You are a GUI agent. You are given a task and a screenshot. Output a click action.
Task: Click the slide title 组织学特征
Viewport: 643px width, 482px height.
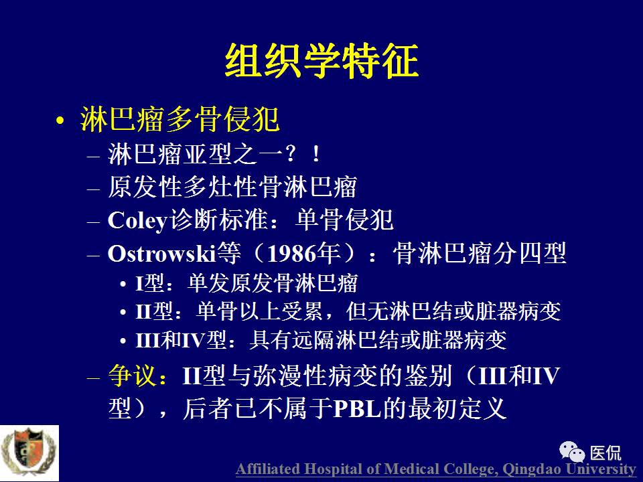(x=321, y=62)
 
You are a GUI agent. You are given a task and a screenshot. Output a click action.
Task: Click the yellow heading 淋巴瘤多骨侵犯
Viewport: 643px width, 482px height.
(x=179, y=120)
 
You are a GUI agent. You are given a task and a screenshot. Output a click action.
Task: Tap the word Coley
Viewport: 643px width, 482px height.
(x=136, y=220)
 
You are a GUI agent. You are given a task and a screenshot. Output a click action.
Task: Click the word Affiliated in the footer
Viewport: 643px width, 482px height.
(x=267, y=469)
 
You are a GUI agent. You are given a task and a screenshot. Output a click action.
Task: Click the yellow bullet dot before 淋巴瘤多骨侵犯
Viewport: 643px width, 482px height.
(x=61, y=122)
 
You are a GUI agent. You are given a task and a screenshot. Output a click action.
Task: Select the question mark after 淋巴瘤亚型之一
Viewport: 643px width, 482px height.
(x=289, y=155)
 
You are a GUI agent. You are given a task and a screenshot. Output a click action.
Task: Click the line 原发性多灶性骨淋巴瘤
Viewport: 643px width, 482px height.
(x=232, y=187)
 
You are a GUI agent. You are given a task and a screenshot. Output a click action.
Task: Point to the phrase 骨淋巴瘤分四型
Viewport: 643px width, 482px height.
(x=480, y=254)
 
